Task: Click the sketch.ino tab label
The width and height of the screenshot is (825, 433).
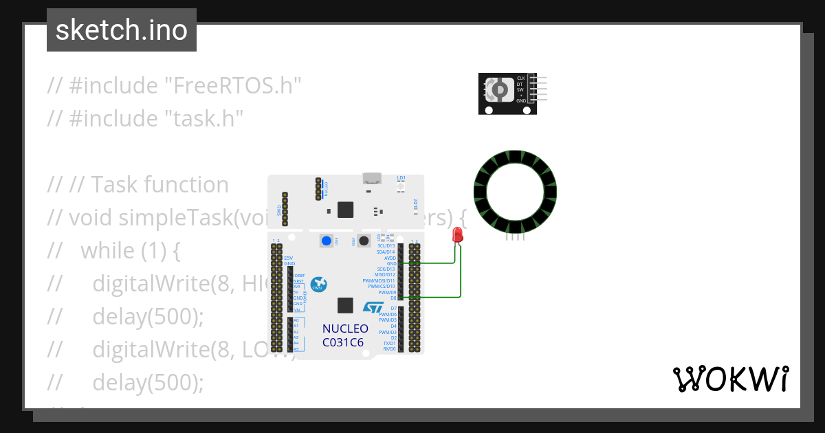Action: click(121, 30)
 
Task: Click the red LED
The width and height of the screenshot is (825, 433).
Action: click(458, 235)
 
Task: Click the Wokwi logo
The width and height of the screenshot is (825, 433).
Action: click(730, 379)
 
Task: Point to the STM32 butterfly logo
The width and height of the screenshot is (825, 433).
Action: click(318, 285)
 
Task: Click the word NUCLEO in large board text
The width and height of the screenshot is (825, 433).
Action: click(345, 329)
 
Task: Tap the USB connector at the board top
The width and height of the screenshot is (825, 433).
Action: click(373, 179)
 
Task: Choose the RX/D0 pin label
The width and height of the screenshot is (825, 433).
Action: click(389, 348)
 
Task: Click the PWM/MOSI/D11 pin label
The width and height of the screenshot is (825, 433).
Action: click(379, 280)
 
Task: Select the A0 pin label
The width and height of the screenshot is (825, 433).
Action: click(296, 320)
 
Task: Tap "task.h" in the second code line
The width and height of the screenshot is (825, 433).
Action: click(204, 118)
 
